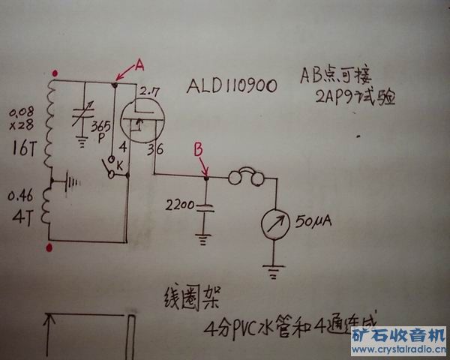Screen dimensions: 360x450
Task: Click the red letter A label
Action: pos(139,66)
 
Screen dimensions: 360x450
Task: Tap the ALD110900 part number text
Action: pos(232,87)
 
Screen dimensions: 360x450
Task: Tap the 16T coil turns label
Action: pos(21,148)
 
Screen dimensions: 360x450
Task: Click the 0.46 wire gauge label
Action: pos(19,197)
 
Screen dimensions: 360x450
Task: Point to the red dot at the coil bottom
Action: pos(49,246)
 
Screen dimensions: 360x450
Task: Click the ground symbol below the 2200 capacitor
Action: pos(200,239)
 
